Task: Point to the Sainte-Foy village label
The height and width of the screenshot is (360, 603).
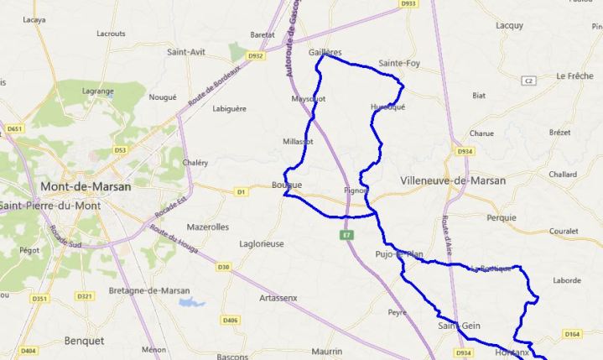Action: click(399, 63)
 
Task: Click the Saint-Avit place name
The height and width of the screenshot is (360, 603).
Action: click(187, 52)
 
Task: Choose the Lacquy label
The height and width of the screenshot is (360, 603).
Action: click(509, 25)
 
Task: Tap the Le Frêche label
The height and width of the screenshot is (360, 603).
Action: click(574, 76)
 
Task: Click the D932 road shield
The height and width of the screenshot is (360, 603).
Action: click(256, 56)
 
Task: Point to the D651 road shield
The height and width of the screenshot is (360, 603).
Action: click(13, 128)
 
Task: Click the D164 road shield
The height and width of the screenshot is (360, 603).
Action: click(572, 334)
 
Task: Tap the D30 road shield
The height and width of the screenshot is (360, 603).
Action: click(223, 267)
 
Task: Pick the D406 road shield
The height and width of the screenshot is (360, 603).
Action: click(231, 320)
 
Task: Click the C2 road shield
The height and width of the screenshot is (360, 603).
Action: click(528, 81)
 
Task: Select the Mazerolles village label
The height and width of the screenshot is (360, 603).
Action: click(207, 227)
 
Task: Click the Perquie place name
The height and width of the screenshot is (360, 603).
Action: click(502, 217)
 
